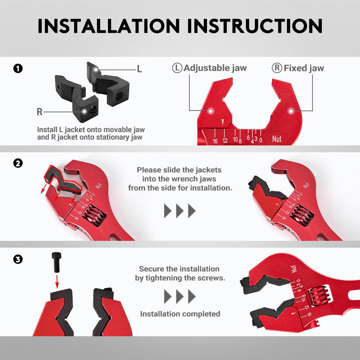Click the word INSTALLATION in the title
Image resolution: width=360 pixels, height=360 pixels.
109,26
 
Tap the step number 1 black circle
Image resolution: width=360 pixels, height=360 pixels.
18,68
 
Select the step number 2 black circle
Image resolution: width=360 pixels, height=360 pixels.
18,163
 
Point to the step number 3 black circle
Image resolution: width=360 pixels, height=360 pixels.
18,260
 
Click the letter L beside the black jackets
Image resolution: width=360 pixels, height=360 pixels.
139,69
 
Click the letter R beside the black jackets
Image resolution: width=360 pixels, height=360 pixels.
40,112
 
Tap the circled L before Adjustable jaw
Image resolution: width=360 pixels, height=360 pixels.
177,68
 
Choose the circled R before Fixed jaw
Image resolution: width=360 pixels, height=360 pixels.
277,68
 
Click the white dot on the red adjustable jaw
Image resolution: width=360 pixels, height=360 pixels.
211,111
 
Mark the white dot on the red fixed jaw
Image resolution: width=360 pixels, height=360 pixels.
291,111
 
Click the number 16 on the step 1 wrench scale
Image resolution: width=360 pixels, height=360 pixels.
215,141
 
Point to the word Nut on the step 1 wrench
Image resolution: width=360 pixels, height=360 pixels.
276,139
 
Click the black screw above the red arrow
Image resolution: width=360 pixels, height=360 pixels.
57,262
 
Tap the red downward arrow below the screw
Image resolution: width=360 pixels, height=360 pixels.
57,282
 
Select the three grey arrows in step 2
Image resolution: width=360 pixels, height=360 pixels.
180,211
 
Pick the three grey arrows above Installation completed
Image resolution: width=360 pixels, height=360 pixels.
180,296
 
